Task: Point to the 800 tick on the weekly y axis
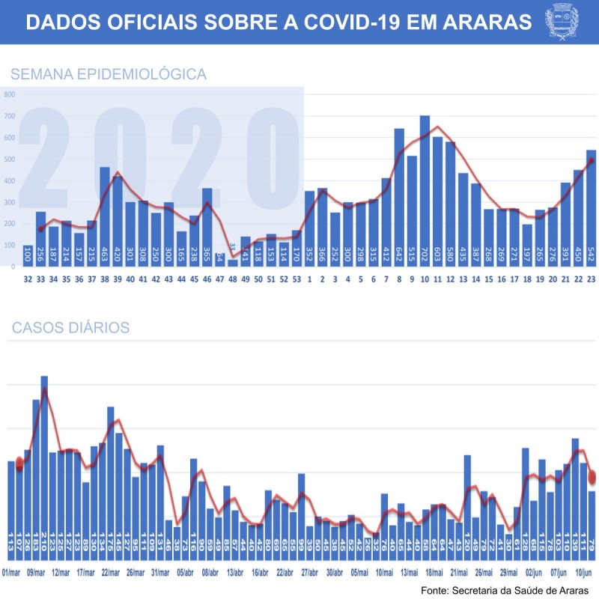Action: coord(10,95)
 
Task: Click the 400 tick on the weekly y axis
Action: coord(10,181)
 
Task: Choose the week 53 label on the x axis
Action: coord(297,279)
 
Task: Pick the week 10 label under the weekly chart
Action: coord(425,279)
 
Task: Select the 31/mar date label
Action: coord(160,573)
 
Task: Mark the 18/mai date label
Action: coord(434,573)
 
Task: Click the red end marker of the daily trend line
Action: coord(592,476)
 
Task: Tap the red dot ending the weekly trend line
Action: coord(591,160)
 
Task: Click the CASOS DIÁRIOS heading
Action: coord(70,328)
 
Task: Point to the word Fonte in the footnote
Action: coord(436,591)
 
